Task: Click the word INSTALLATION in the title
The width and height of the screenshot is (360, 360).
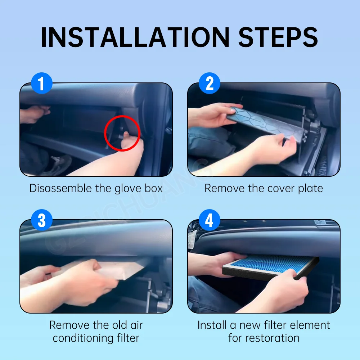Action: point(135,37)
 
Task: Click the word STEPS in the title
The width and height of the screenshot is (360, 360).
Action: point(278,37)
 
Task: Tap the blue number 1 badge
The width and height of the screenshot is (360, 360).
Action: point(41,83)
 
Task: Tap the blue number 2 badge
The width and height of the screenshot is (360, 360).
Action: point(210,83)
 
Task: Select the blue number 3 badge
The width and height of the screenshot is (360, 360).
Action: point(41,220)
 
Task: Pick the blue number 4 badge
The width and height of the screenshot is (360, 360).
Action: point(210,220)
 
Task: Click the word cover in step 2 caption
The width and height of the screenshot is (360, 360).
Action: point(281,189)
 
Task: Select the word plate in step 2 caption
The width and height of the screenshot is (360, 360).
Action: point(310,189)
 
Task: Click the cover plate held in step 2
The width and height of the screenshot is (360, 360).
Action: point(266,124)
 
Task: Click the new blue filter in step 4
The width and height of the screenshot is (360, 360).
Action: point(271,267)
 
